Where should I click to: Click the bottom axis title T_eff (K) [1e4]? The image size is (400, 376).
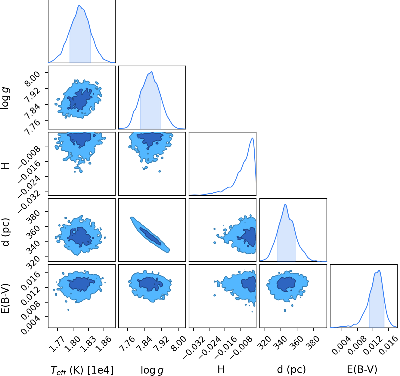82,370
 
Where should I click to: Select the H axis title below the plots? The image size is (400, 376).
221,369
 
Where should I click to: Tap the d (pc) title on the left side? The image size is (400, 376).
6,232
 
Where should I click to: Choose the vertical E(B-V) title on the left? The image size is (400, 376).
5,298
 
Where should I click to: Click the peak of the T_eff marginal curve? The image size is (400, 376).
79,5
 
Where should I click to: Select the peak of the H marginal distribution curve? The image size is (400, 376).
252,138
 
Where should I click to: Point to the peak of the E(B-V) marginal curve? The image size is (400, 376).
379,271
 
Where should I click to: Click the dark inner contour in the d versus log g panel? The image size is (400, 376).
150,236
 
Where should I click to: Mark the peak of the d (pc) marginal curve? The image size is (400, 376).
285,204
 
